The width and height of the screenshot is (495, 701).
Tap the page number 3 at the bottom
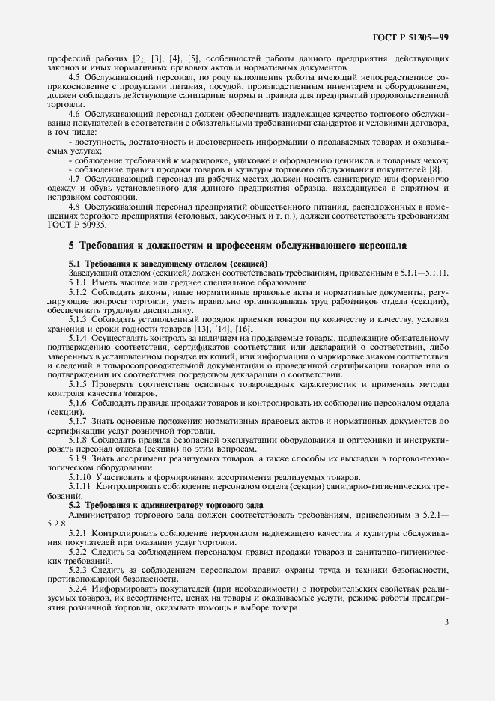click(x=446, y=621)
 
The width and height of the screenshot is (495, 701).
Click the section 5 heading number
click(x=71, y=245)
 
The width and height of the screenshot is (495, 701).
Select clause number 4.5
click(x=75, y=77)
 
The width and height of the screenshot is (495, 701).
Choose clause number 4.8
click(x=75, y=205)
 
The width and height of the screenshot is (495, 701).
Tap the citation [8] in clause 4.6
click(x=434, y=169)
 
